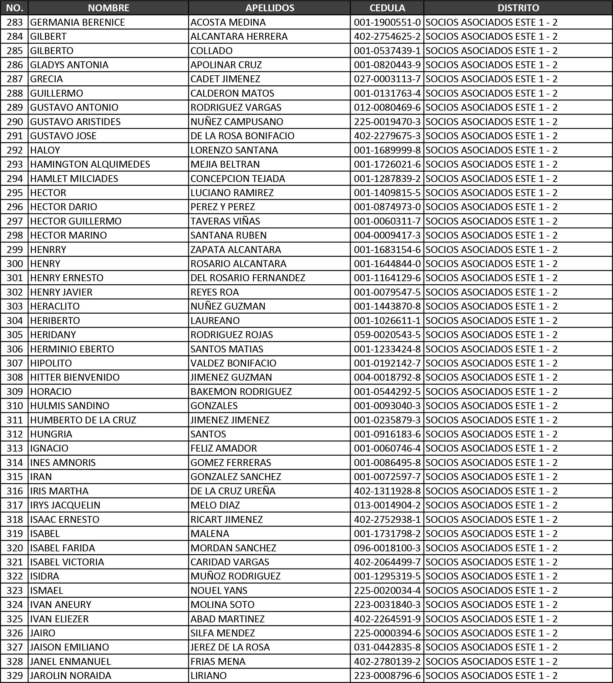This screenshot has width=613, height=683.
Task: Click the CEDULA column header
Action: [x=387, y=8]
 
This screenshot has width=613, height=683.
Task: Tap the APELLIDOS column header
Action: [x=270, y=8]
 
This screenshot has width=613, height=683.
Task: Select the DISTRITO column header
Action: [x=518, y=8]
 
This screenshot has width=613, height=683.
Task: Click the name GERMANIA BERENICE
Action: [x=78, y=22]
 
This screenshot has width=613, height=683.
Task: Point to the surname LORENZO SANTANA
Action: [x=234, y=150]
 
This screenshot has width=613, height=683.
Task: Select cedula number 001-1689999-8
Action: [x=387, y=150]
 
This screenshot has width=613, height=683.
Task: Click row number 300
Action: [x=15, y=264]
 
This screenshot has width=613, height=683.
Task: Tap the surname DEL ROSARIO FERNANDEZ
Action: [x=248, y=278]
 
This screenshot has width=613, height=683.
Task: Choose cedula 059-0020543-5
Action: [x=387, y=335]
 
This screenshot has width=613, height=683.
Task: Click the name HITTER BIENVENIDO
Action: [x=75, y=377]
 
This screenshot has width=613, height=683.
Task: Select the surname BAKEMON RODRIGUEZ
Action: [x=241, y=392]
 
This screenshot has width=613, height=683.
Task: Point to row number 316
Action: [x=15, y=491]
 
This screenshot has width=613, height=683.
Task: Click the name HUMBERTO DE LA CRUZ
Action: [x=83, y=420]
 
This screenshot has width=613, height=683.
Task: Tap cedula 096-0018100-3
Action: [x=387, y=548]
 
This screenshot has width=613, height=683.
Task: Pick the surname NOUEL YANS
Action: [x=219, y=590]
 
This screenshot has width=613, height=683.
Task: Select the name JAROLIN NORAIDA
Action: [x=71, y=675]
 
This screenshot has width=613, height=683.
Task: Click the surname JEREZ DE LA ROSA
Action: [x=230, y=647]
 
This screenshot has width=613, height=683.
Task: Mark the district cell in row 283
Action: [x=491, y=22]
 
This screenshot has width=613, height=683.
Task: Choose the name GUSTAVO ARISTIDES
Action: [x=75, y=122]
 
